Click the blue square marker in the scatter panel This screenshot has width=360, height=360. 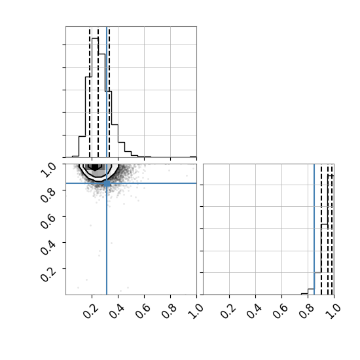tap(107, 183)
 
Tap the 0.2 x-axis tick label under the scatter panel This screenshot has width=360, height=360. tap(91, 311)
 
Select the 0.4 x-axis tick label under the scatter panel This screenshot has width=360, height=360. tap(117, 311)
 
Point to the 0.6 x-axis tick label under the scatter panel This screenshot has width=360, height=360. tap(143, 311)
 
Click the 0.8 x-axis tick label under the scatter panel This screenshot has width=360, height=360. tap(170, 311)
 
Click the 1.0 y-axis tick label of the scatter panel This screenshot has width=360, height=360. tap(48, 170)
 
